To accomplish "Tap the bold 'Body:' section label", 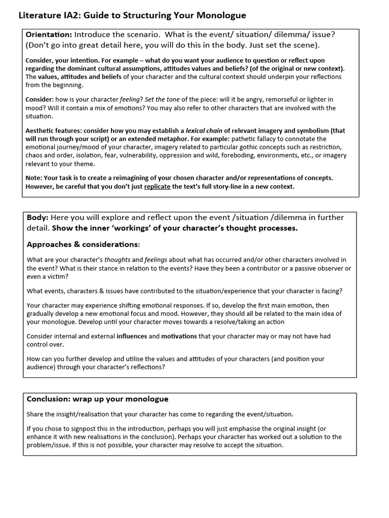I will pos(37,218).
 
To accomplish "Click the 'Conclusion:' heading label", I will pos(49,399).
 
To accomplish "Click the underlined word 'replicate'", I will pos(157,187).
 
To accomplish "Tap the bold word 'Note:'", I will pos(34,178).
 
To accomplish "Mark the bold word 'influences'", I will pos(132,336).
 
